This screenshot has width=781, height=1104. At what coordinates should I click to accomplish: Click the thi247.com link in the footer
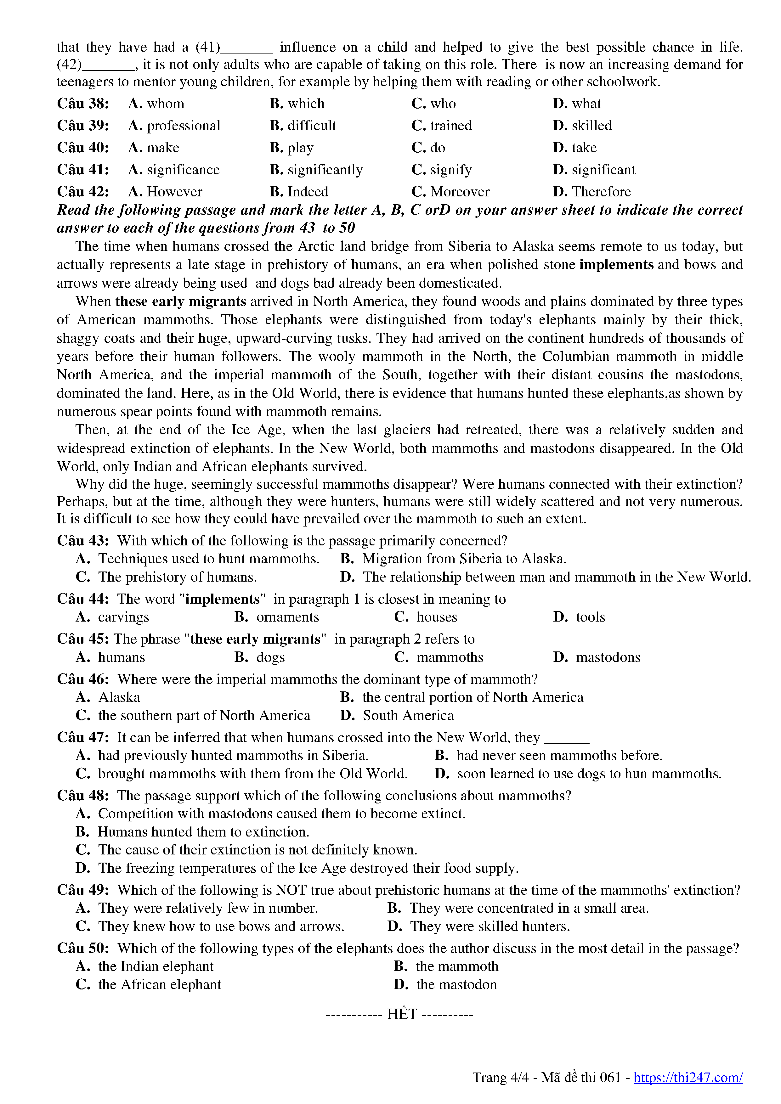coord(688,1078)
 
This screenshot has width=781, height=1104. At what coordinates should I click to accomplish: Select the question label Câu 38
coord(83,104)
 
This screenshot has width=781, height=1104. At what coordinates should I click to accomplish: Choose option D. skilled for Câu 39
coord(582,126)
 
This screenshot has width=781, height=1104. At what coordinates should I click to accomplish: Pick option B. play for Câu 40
coord(291,148)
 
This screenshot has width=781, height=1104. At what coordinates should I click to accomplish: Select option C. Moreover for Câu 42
coord(450,192)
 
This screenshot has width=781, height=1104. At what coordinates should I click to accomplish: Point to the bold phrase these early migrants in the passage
coord(180,301)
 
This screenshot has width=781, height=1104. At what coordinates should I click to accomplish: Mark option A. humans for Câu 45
coord(110,657)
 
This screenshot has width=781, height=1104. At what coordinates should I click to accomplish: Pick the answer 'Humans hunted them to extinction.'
coord(192,832)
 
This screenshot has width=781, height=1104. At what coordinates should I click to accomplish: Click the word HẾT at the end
coord(402,1014)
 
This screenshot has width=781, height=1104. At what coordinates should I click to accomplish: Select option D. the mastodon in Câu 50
coord(445,985)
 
